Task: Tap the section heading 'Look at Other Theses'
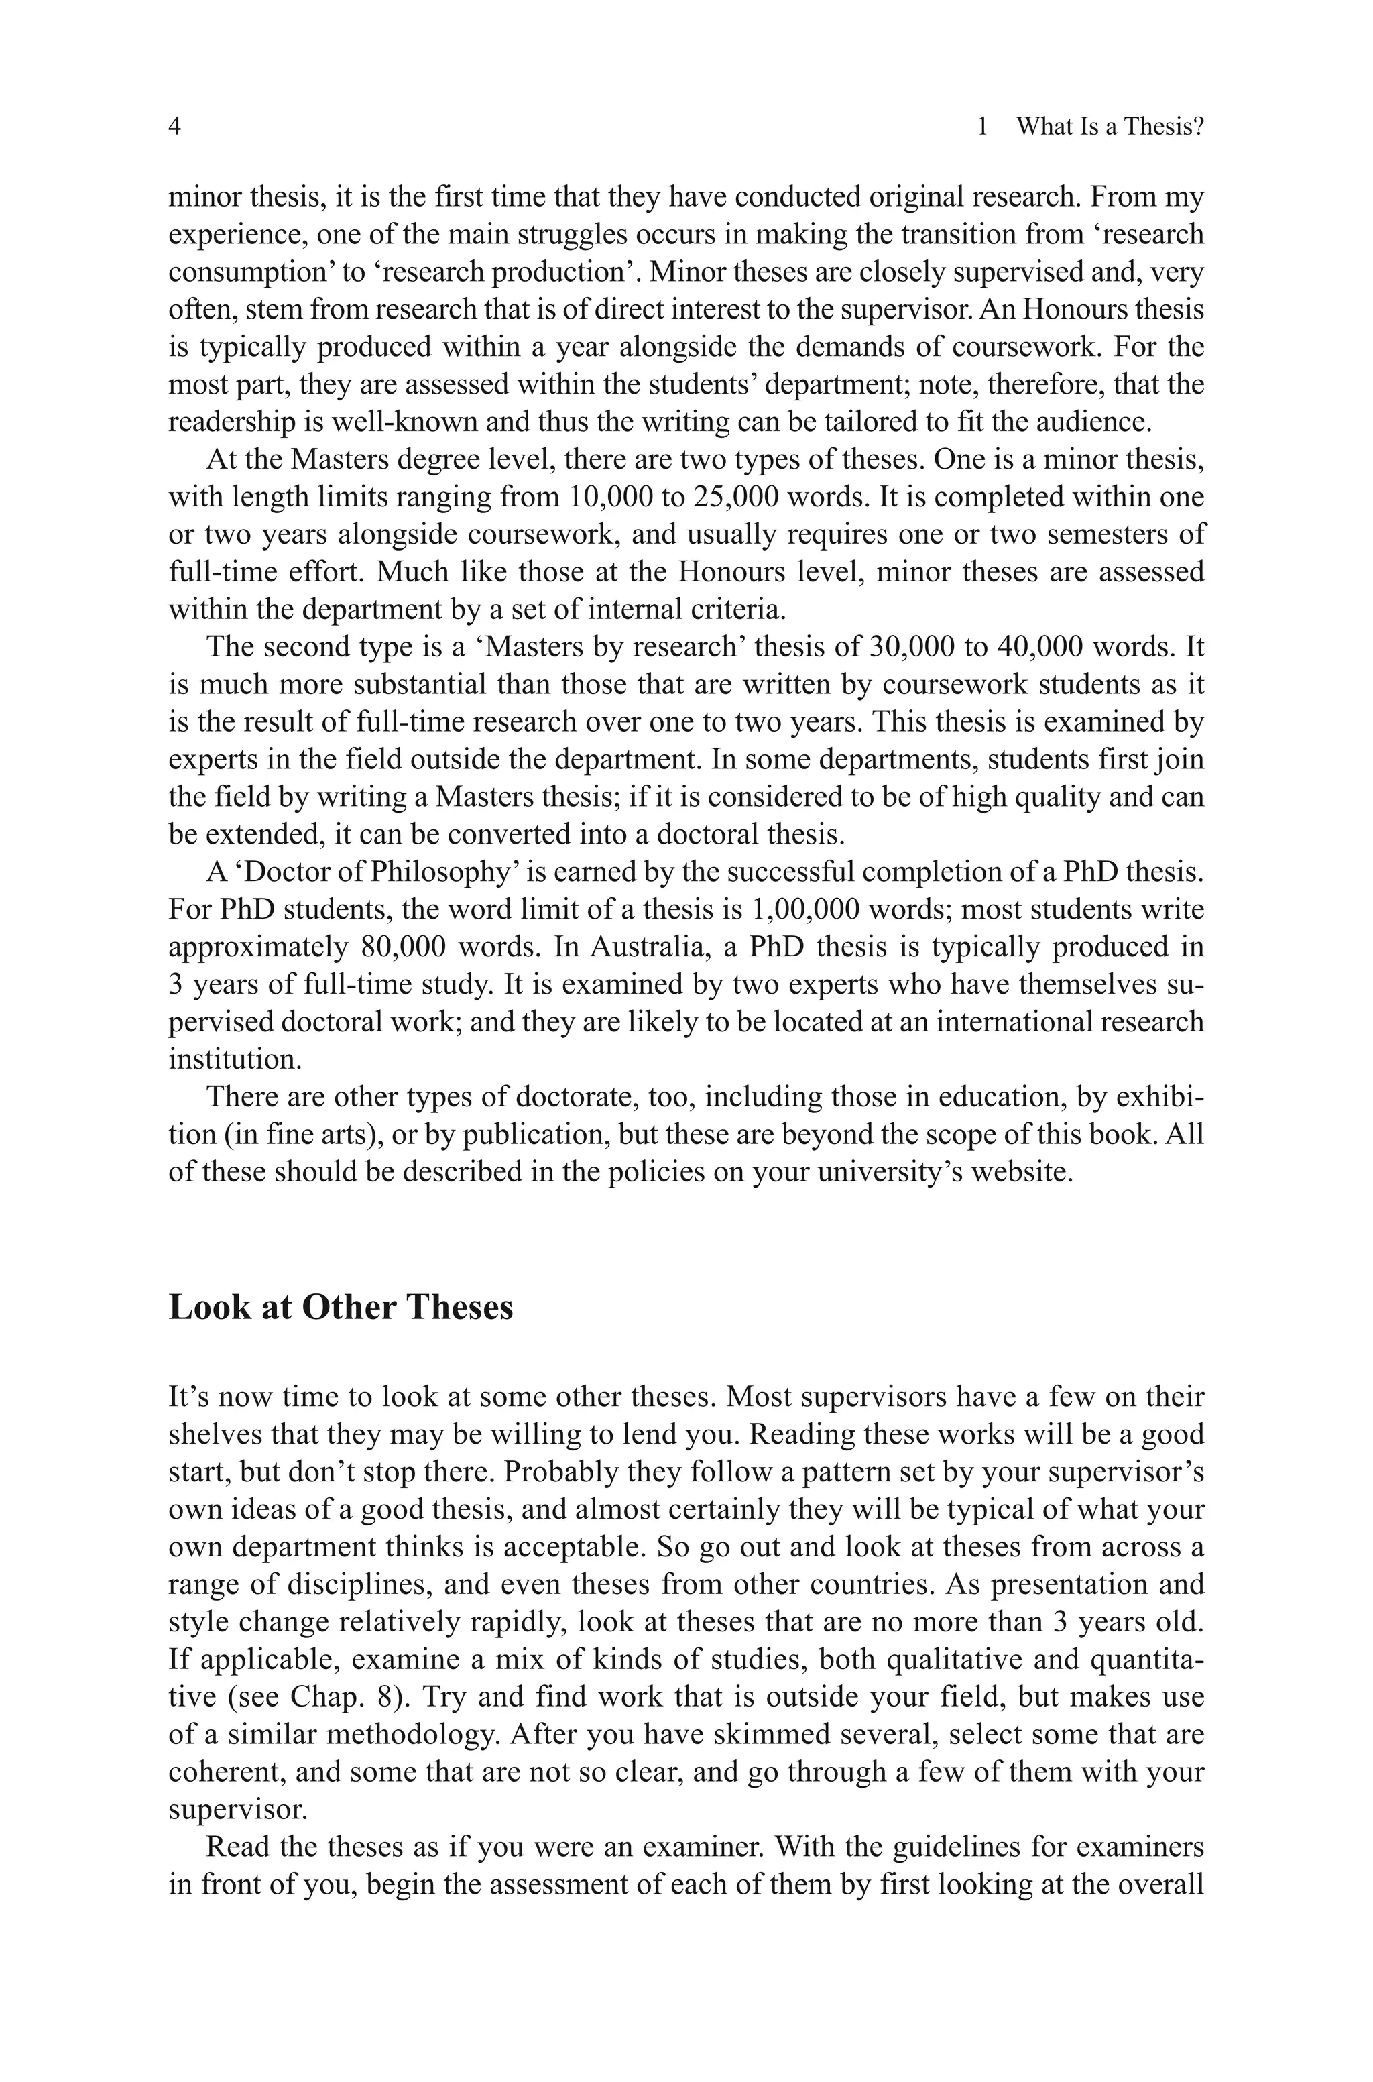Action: pos(341,1307)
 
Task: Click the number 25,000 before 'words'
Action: pos(735,498)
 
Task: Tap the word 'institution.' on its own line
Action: pos(235,1059)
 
